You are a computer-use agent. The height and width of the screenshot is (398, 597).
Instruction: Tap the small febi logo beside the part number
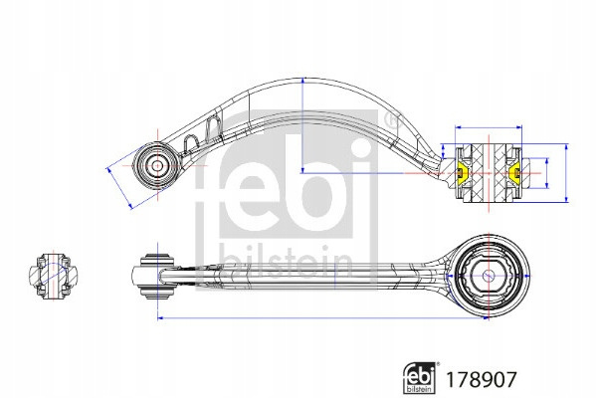click(420, 377)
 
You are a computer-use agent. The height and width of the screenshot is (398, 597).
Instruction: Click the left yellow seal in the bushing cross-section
click(462, 173)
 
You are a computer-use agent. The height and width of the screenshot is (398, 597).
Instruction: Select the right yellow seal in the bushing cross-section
click(515, 173)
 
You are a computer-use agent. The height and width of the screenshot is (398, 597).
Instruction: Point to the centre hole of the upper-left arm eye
click(157, 166)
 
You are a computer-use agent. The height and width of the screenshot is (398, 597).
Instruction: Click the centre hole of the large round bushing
click(488, 275)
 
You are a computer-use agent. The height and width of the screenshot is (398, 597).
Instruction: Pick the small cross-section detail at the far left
click(54, 275)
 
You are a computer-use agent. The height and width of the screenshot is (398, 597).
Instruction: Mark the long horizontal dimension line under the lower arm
click(322, 318)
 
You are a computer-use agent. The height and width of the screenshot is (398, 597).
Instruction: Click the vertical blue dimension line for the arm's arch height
click(302, 125)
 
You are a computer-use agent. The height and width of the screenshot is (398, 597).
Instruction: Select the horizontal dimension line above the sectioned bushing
click(489, 127)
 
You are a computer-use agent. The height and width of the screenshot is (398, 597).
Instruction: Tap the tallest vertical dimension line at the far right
click(566, 173)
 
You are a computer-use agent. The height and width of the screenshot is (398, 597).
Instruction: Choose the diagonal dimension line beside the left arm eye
click(119, 188)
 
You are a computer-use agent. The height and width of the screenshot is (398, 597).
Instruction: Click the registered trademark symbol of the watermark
click(394, 119)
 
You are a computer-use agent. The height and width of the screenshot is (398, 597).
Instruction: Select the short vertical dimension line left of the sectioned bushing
click(443, 151)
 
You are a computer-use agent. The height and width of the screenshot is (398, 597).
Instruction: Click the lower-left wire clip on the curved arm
click(190, 144)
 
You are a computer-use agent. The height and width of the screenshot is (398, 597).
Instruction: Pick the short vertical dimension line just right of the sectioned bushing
click(547, 173)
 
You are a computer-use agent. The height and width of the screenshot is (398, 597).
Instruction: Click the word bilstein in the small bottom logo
click(419, 389)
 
